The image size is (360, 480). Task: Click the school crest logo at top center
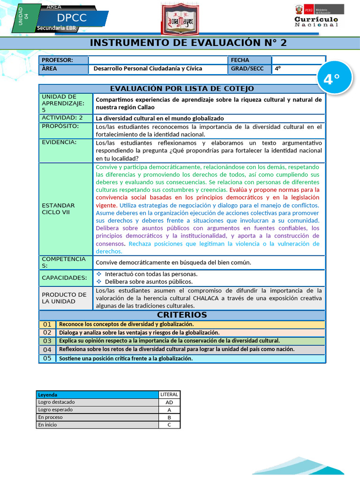pyautogui.click(x=180, y=20)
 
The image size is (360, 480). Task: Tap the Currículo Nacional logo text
pyautogui.click(x=316, y=22)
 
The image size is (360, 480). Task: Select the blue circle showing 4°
pyautogui.click(x=331, y=79)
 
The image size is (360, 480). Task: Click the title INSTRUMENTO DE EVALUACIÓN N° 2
pyautogui.click(x=188, y=43)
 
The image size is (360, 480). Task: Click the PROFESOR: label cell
pyautogui.click(x=63, y=60)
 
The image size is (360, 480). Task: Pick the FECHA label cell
pyautogui.click(x=249, y=60)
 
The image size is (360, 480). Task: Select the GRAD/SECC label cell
pyautogui.click(x=249, y=68)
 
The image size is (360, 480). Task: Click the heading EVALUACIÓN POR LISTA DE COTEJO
pyautogui.click(x=182, y=89)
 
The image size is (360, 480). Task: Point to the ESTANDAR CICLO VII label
pyautogui.click(x=58, y=209)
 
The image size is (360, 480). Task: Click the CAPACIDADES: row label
pyautogui.click(x=65, y=277)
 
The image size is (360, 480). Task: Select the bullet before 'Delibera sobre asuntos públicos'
pyautogui.click(x=99, y=282)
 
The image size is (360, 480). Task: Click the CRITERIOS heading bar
pyautogui.click(x=182, y=315)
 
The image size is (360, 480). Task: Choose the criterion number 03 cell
pyautogui.click(x=47, y=341)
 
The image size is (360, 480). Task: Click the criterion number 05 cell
pyautogui.click(x=47, y=358)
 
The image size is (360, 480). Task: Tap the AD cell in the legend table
pyautogui.click(x=169, y=402)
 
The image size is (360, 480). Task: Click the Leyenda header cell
pyautogui.click(x=97, y=395)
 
